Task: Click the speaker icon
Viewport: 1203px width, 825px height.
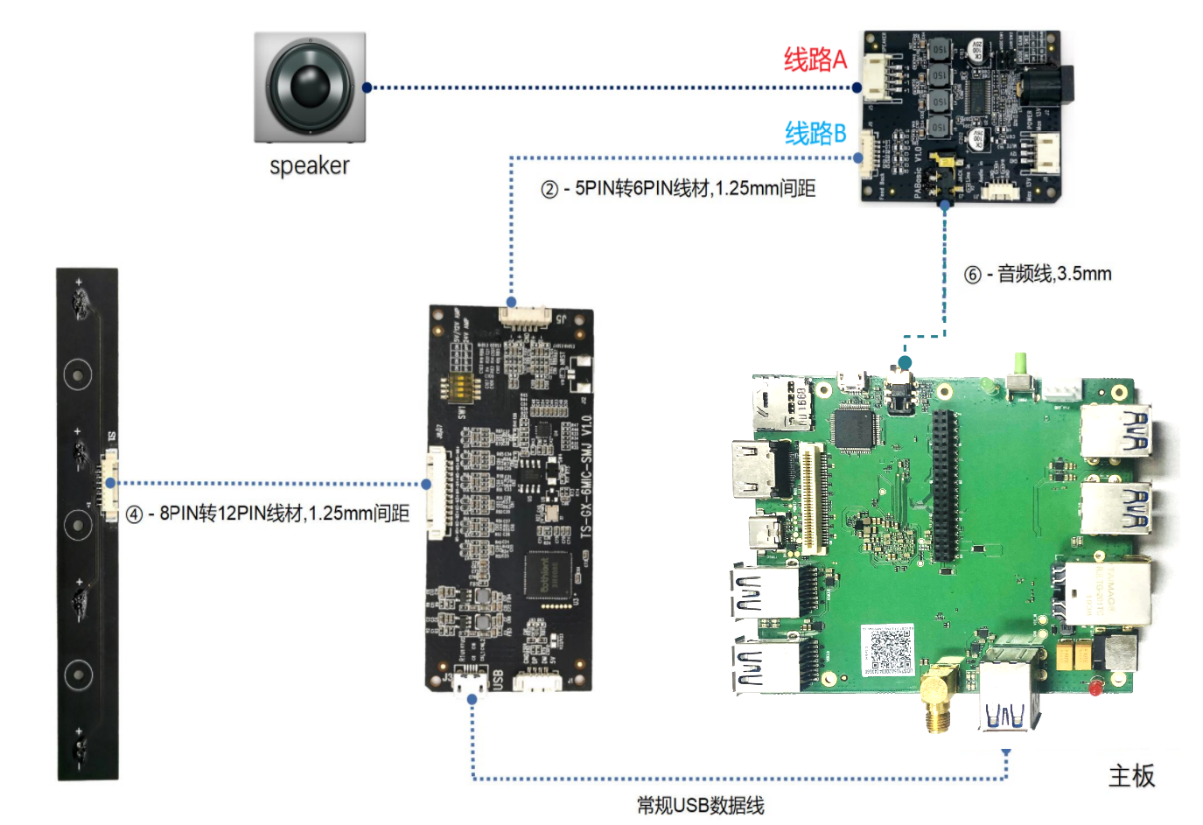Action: coord(310,87)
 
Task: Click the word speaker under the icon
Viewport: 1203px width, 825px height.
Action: coord(309,165)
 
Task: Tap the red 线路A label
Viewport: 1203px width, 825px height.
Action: coord(815,59)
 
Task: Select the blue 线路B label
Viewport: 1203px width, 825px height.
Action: coord(815,133)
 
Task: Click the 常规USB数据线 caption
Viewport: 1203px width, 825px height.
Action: coord(700,805)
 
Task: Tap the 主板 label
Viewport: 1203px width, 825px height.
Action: coord(1131,775)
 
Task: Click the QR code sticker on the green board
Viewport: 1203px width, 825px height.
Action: coord(887,650)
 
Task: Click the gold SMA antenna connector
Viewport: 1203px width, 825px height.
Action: coord(936,700)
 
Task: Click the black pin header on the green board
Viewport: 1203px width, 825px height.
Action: coord(944,486)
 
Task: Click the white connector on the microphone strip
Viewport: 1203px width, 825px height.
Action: coord(109,484)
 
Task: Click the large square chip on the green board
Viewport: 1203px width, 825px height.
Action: coord(854,428)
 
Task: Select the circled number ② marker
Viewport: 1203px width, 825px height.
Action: coord(549,189)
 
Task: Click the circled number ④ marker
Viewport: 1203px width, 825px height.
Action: coord(134,514)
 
